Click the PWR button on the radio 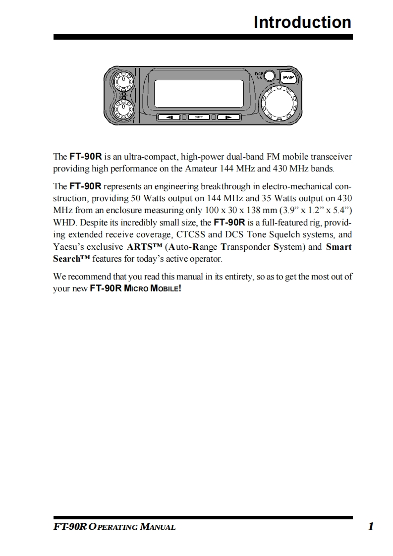click(288, 78)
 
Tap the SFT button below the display click(199, 117)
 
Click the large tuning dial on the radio click(281, 104)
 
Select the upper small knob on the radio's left click(121, 80)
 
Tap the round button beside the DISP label click(270, 76)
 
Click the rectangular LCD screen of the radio click(199, 92)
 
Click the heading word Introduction click(302, 22)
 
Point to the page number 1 click(370, 526)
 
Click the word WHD click(63, 222)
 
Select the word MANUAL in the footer click(158, 527)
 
